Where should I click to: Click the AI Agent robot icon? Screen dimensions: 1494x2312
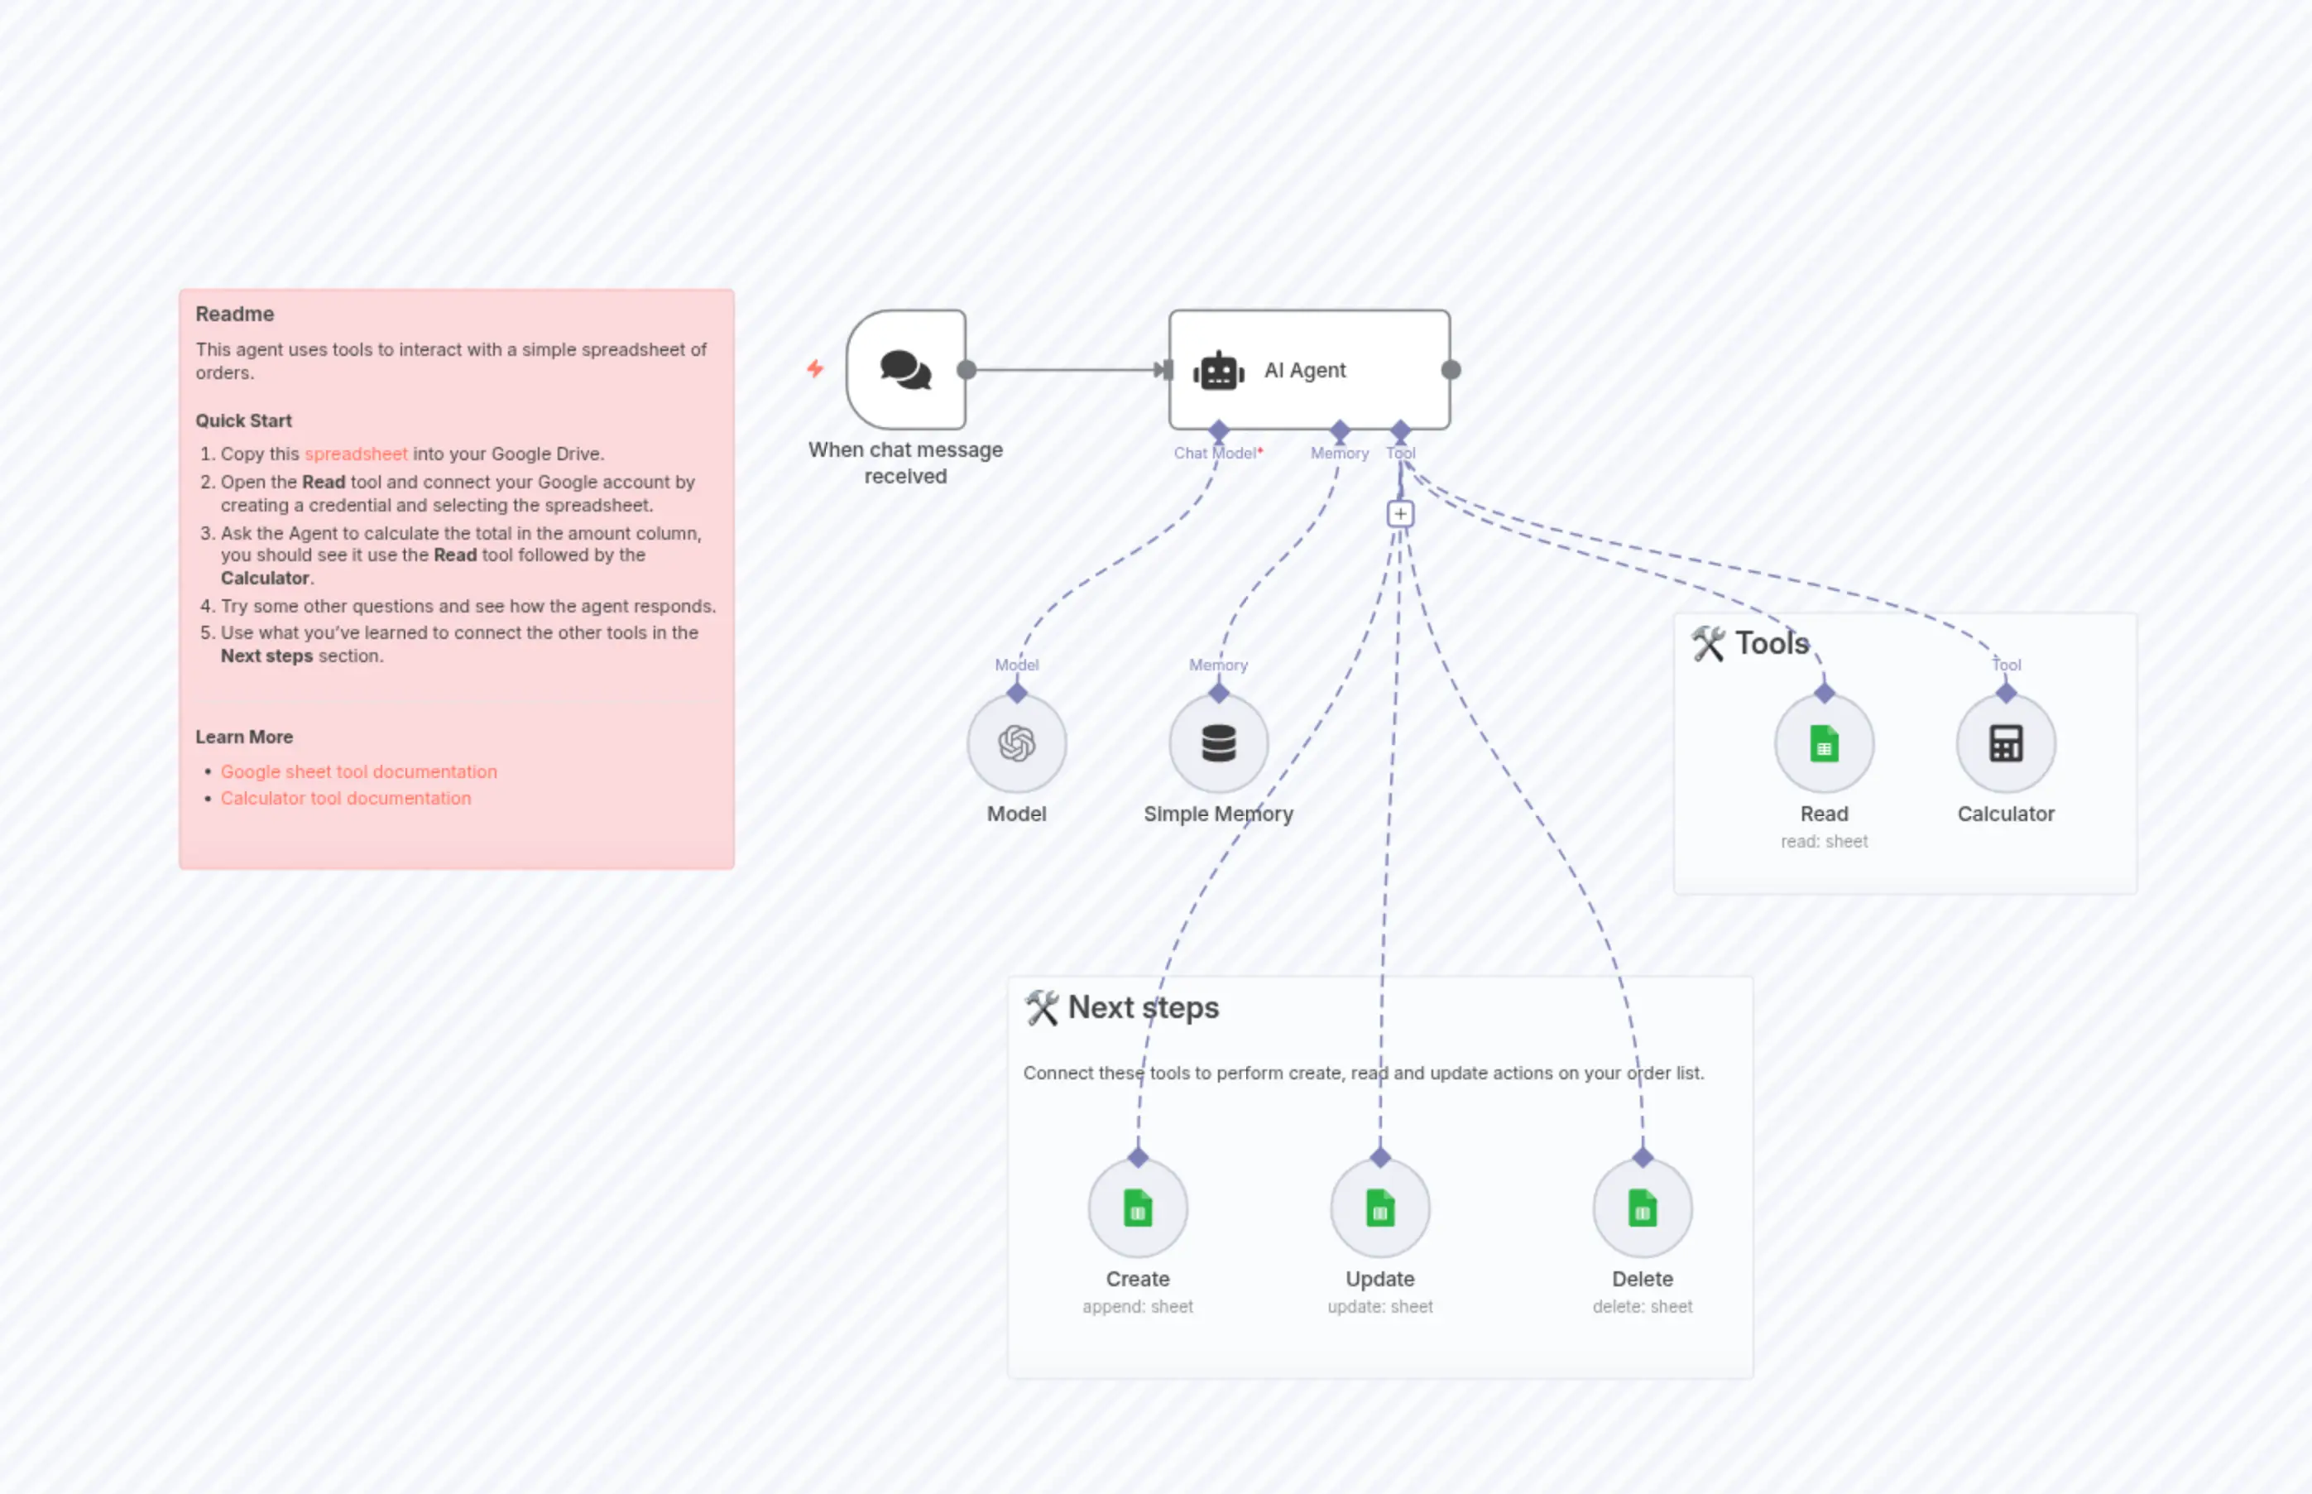point(1218,371)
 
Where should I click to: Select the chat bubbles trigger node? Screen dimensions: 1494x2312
point(906,370)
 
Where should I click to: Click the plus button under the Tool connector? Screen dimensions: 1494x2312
point(1399,513)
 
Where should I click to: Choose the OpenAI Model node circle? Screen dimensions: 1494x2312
point(1016,744)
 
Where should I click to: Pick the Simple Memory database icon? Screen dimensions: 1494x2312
point(1218,744)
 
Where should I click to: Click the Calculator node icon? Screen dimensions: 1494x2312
point(2006,744)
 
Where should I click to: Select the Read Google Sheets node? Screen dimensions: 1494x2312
point(1823,744)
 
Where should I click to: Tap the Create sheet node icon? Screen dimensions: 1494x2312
point(1138,1208)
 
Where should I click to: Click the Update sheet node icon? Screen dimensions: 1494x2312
point(1379,1208)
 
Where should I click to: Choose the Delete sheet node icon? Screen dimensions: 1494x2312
point(1642,1208)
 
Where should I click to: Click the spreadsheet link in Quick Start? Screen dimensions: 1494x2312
point(356,454)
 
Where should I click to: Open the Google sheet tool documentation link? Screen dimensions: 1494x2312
point(359,771)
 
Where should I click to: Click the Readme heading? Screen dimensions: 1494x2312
point(235,315)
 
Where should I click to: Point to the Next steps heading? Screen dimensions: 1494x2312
point(1143,1008)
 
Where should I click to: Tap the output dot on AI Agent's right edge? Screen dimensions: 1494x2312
point(1451,370)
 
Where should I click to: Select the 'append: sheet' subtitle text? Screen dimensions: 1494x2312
point(1138,1307)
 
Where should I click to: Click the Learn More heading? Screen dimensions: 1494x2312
point(244,737)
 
